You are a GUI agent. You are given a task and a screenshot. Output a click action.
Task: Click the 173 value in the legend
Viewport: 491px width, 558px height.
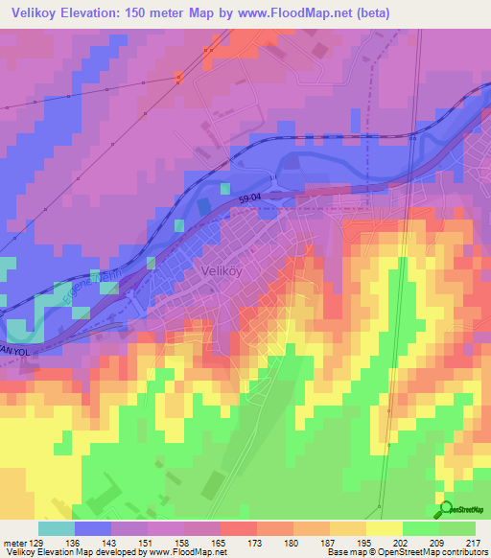255,542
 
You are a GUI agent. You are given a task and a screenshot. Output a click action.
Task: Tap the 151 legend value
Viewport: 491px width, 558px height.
147,542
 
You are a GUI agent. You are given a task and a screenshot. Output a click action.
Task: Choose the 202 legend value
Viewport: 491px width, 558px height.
401,542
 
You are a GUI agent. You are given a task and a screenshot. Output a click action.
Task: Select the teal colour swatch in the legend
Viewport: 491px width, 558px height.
57,528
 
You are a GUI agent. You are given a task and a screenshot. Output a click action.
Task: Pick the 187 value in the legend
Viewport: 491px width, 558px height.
328,542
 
